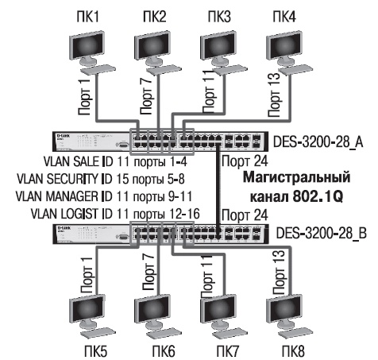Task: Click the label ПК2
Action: click(x=153, y=14)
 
